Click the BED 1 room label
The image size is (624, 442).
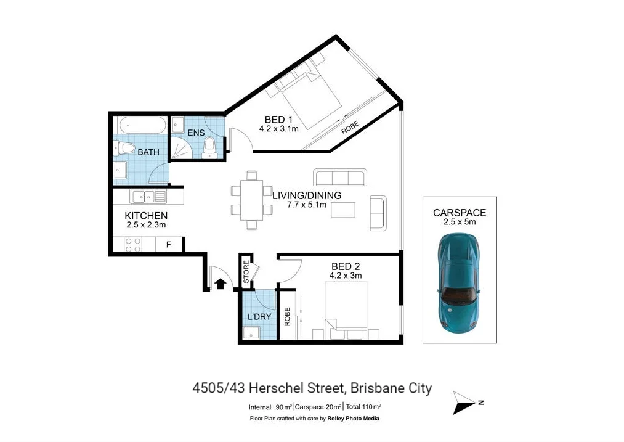pos(275,120)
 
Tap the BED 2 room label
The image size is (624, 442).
pos(346,266)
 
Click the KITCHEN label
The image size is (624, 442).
pos(146,216)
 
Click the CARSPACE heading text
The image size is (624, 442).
pos(459,213)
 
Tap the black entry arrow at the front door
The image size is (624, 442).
pos(220,284)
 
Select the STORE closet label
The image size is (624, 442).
pos(246,272)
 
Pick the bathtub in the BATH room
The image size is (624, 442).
pos(142,125)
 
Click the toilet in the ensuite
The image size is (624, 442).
pos(209,147)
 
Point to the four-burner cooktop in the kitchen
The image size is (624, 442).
pos(132,244)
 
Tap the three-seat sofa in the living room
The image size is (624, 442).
pos(340,178)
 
